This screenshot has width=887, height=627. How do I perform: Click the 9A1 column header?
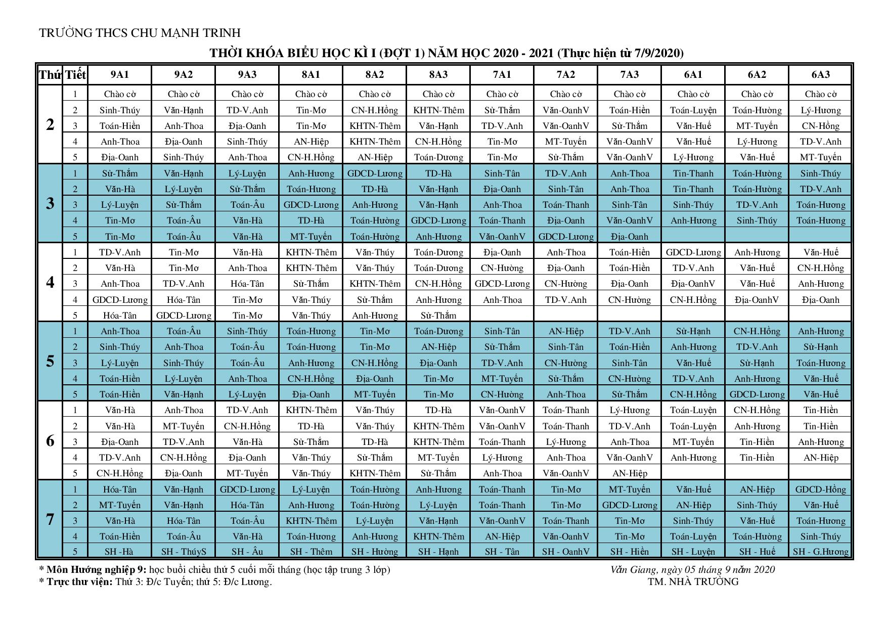click(120, 75)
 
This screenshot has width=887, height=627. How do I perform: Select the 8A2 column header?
click(375, 75)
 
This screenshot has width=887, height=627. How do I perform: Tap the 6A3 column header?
click(821, 75)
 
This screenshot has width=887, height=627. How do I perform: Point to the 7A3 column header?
click(630, 75)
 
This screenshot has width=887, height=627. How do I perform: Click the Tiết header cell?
click(76, 75)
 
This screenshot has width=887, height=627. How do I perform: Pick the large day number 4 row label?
click(50, 282)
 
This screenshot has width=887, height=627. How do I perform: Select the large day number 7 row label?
click(50, 519)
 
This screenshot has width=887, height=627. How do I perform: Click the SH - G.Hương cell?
click(821, 552)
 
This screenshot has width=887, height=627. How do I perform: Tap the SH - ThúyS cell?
click(184, 552)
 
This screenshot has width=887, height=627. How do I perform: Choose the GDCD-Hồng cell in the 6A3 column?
click(821, 489)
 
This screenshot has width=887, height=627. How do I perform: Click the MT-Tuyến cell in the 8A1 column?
click(311, 237)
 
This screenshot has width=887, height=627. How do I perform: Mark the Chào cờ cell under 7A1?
click(502, 94)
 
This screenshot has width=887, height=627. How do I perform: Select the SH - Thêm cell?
click(311, 552)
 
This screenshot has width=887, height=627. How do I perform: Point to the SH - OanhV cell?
click(566, 552)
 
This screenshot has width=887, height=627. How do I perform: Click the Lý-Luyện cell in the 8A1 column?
click(311, 489)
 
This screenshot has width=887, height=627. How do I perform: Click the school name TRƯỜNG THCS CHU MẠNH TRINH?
click(140, 33)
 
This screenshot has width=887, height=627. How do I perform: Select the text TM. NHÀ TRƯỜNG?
click(693, 581)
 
